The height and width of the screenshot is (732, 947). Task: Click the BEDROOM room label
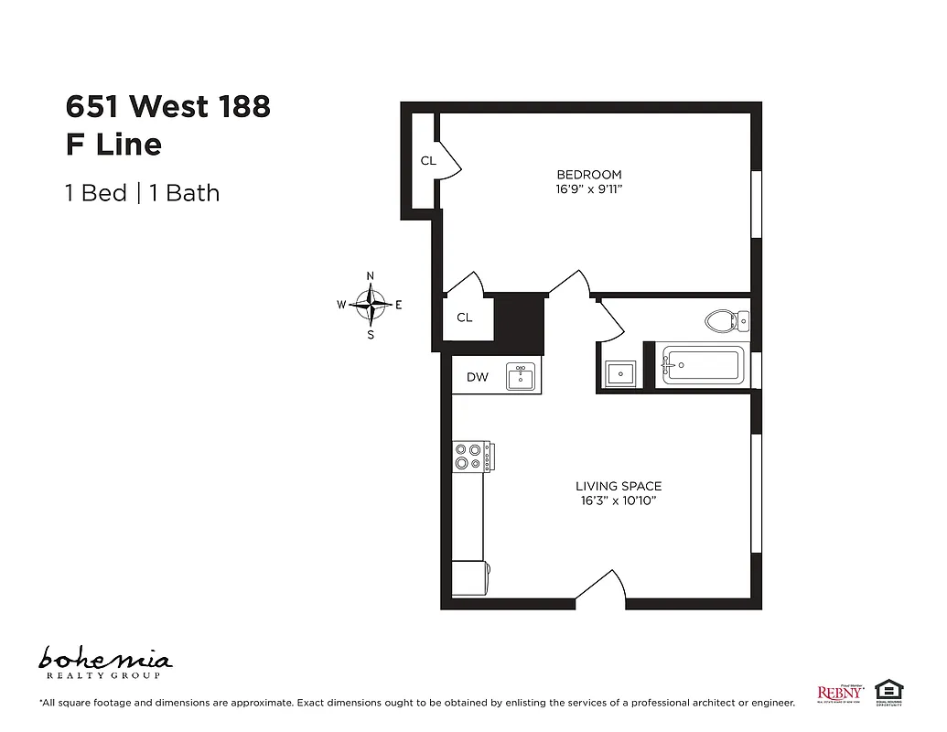click(x=589, y=175)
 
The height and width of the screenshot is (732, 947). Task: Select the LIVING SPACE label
click(x=619, y=487)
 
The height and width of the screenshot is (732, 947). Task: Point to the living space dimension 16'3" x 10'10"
click(x=619, y=501)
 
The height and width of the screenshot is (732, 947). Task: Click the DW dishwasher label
click(x=477, y=377)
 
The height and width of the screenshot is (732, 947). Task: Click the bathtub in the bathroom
click(x=703, y=367)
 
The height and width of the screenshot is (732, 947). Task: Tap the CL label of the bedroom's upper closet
click(x=428, y=161)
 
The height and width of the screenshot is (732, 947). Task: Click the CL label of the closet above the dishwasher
click(x=465, y=318)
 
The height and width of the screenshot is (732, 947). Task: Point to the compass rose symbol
click(x=371, y=304)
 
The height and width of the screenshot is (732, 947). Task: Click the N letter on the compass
click(x=371, y=275)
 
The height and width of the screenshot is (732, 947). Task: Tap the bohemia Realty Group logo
click(x=105, y=662)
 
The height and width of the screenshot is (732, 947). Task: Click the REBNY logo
click(x=838, y=693)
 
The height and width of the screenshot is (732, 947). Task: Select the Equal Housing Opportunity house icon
click(x=886, y=691)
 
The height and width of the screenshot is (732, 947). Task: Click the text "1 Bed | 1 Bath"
click(x=142, y=193)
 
